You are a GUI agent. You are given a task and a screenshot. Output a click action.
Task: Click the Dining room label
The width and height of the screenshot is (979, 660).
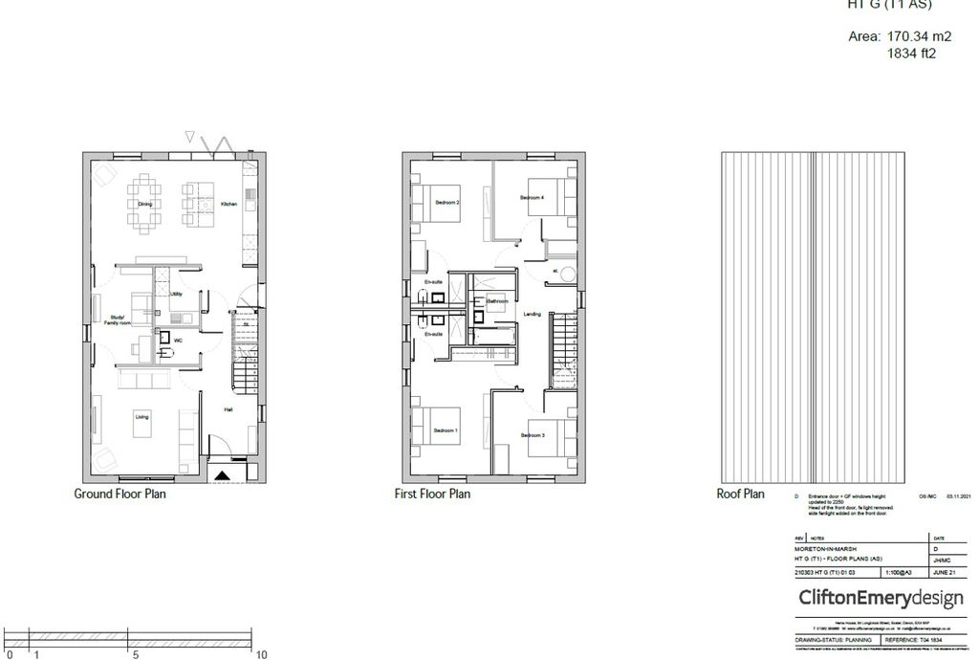pyautogui.click(x=144, y=205)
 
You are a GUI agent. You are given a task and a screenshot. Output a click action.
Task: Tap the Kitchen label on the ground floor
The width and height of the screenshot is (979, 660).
pyautogui.click(x=228, y=205)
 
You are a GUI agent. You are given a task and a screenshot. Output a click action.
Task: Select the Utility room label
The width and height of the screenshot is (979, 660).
pyautogui.click(x=176, y=294)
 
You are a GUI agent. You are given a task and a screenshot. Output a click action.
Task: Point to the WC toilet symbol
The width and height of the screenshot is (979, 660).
pyautogui.click(x=166, y=353)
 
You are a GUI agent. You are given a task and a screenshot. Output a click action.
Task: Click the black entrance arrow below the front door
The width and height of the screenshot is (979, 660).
pyautogui.click(x=222, y=474)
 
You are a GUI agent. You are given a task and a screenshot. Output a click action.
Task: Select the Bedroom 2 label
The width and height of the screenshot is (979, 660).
pyautogui.click(x=447, y=203)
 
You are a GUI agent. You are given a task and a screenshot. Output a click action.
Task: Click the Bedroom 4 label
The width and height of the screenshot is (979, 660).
pyautogui.click(x=532, y=198)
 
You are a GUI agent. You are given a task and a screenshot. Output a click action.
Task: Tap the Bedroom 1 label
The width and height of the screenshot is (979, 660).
pyautogui.click(x=446, y=431)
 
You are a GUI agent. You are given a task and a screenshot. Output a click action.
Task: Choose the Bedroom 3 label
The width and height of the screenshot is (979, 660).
pyautogui.click(x=533, y=436)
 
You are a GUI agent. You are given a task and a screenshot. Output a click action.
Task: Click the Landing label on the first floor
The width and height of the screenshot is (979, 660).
pyautogui.click(x=533, y=314)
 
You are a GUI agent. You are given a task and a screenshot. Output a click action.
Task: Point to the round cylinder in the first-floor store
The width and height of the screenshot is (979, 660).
pyautogui.click(x=569, y=275)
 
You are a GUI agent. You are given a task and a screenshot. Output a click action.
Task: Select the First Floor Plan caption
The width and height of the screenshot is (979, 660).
pyautogui.click(x=432, y=495)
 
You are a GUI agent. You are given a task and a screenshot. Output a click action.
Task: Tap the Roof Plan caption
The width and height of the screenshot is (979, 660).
pyautogui.click(x=740, y=495)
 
